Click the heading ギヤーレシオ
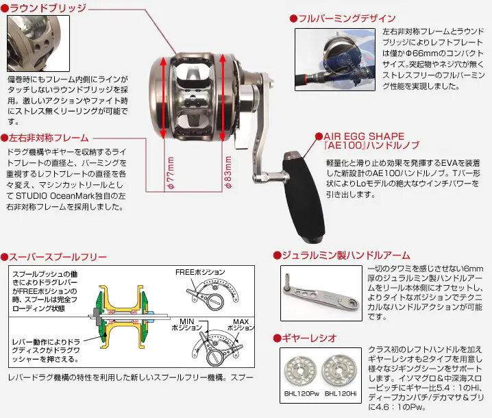pyautogui.click(x=308, y=338)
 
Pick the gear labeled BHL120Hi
pyautogui.click(x=341, y=370)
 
